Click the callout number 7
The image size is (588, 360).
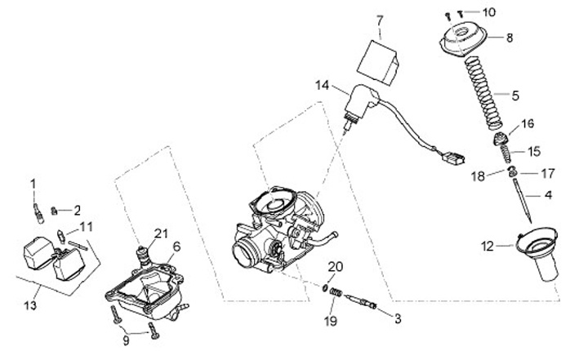[379, 19]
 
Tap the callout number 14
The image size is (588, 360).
[323, 84]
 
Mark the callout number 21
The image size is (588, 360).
[160, 234]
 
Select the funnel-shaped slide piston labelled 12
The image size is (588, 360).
[542, 253]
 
